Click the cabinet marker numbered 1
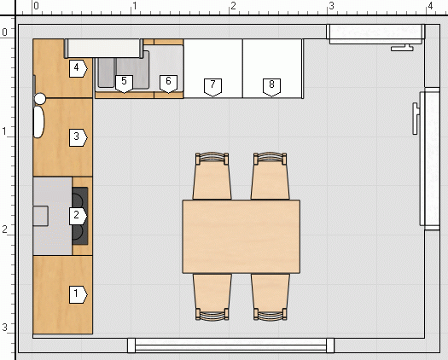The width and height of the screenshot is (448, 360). pyautogui.click(x=78, y=294)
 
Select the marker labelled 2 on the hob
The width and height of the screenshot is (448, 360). pyautogui.click(x=78, y=216)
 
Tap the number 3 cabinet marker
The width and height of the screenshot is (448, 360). pyautogui.click(x=78, y=137)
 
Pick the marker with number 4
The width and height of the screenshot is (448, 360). pyautogui.click(x=78, y=68)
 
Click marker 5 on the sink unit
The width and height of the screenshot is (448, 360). pyautogui.click(x=124, y=84)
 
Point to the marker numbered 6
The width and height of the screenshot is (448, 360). pyautogui.click(x=168, y=84)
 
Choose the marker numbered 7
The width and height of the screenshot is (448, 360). pyautogui.click(x=212, y=87)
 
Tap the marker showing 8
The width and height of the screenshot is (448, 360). pyautogui.click(x=271, y=87)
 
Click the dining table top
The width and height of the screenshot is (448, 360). pyautogui.click(x=241, y=236)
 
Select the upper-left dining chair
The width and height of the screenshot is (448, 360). pyautogui.click(x=212, y=177)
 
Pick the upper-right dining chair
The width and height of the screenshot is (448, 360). pyautogui.click(x=270, y=177)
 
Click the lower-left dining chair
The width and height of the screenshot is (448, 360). pyautogui.click(x=212, y=297)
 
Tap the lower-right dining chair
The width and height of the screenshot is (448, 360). pyautogui.click(x=271, y=297)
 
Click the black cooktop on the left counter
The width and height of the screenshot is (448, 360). pyautogui.click(x=80, y=216)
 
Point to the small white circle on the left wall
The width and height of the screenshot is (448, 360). pyautogui.click(x=40, y=99)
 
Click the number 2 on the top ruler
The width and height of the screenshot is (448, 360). pyautogui.click(x=234, y=6)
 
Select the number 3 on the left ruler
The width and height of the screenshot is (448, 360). pyautogui.click(x=4, y=327)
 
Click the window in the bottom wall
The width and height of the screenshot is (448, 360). pyautogui.click(x=231, y=345)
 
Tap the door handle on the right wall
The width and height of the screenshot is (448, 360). pyautogui.click(x=416, y=119)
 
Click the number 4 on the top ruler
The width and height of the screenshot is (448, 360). pyautogui.click(x=430, y=6)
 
